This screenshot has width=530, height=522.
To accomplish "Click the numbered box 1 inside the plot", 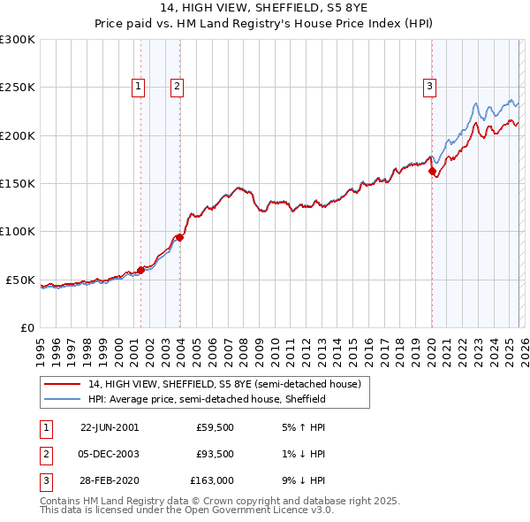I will coord(140,86).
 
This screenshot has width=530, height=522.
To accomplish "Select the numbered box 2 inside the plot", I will coord(178,86).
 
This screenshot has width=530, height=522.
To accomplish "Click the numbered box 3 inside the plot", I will coord(429,86).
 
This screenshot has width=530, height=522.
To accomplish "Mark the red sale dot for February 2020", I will coord(432,172).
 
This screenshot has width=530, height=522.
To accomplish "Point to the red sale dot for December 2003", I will coord(178,237).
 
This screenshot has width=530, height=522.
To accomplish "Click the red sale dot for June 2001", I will coord(140,270).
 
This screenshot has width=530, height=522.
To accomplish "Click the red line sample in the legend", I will coord(63,385).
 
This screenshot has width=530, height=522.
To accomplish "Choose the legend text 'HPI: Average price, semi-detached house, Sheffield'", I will coord(207,399).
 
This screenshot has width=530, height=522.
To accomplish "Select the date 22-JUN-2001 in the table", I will coord(110,426).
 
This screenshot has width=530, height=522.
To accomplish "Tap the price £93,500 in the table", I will coord(216,453).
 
